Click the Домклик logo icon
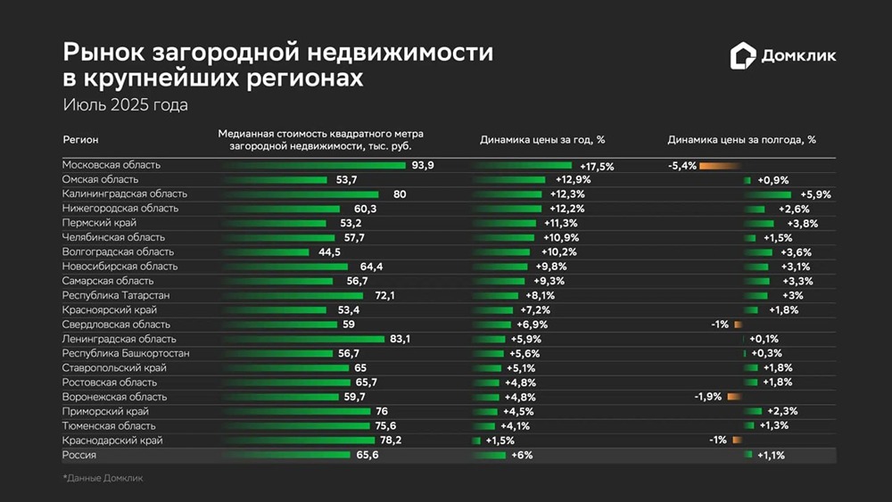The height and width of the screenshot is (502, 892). [x=742, y=56]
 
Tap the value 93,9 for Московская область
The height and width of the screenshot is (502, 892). [x=423, y=166]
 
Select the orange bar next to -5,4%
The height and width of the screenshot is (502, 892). [x=719, y=166]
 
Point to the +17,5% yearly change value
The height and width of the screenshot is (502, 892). [x=597, y=166]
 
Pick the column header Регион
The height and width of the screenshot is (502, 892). [x=81, y=140]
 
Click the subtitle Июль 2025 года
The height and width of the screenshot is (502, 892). [x=125, y=104]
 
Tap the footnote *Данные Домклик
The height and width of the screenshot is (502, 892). [x=103, y=478]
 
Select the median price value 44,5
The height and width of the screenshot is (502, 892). [x=330, y=252]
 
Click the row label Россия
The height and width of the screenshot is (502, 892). [x=79, y=455]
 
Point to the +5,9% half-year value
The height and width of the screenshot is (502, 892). [x=815, y=194]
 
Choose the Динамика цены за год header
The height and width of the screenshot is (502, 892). [x=542, y=140]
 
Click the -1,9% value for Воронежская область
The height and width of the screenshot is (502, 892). [x=707, y=397]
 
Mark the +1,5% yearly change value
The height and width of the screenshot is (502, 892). [x=501, y=440]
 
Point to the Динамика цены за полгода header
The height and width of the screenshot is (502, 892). [x=741, y=140]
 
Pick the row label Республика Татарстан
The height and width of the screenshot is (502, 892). [x=116, y=295]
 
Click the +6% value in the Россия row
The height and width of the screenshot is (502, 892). [x=521, y=455]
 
